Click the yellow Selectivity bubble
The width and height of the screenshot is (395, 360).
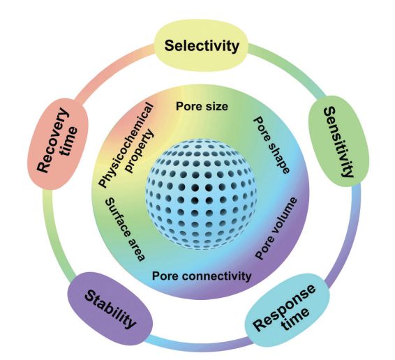[x=201, y=45]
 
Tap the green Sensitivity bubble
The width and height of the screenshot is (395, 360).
[x=339, y=142]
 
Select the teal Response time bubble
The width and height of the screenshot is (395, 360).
[x=288, y=310]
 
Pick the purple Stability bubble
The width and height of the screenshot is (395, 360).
[x=110, y=309]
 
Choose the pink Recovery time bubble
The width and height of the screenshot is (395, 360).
[x=58, y=144]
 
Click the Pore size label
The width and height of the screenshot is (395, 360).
[x=202, y=106]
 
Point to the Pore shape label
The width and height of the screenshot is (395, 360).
[x=271, y=145]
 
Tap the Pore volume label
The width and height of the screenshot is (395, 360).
[x=276, y=228]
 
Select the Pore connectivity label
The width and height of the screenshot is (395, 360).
[x=202, y=276]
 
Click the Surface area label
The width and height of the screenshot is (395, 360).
[x=125, y=230]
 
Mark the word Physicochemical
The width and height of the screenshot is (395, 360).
[x=126, y=145]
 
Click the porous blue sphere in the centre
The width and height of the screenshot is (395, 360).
[x=201, y=194]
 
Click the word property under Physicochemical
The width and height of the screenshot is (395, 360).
[x=140, y=151]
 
